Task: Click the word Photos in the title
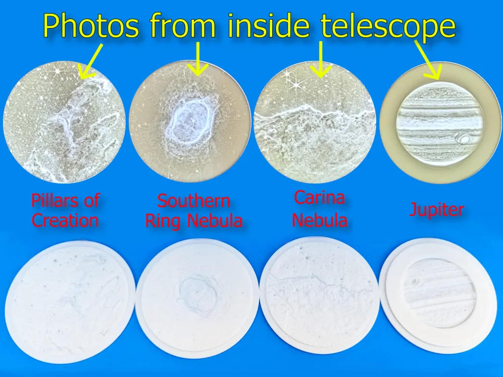(91, 26)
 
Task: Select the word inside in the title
(269, 25)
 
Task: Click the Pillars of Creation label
(65, 210)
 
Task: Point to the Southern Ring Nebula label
(194, 211)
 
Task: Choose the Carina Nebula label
(319, 209)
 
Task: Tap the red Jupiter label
(437, 210)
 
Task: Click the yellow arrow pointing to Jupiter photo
(428, 60)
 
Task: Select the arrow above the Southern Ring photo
(198, 59)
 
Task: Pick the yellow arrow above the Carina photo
(320, 59)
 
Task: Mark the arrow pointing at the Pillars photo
(91, 61)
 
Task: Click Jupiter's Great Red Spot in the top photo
(463, 139)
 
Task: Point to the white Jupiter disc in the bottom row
(439, 296)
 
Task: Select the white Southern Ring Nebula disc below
(197, 299)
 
